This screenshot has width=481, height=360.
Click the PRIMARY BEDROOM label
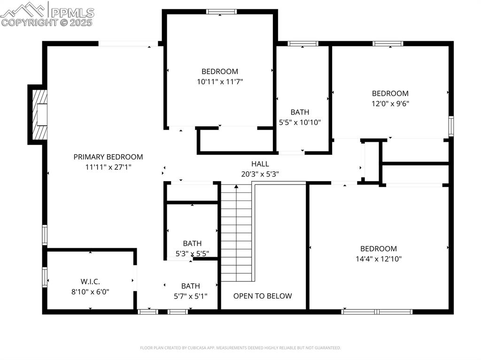pos(108,157)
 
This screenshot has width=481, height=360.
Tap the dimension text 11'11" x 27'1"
pos(109,167)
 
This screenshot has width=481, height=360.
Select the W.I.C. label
pos(90,282)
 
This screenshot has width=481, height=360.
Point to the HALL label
pos(260,164)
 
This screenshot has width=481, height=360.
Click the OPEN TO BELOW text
pos(263,296)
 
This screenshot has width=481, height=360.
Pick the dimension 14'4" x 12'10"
pos(379,259)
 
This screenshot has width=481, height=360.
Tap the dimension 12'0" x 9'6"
pos(390,104)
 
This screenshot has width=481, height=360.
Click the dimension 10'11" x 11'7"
pos(220,82)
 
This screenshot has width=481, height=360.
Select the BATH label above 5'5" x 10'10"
pos(300,112)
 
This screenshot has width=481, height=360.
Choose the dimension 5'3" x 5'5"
pos(192,253)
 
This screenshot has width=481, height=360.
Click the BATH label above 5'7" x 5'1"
pos(191,286)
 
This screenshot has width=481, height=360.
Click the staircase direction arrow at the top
pos(236,186)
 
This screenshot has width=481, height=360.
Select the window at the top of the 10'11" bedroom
pos(221,12)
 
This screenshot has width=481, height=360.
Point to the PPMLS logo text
pos(72,12)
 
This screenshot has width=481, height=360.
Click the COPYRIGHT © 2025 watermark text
pos(47,23)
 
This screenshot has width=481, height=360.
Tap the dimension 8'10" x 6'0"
pos(90,291)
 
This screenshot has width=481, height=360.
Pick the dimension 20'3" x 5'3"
pos(260,174)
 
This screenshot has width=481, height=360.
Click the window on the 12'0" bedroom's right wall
pos(451,126)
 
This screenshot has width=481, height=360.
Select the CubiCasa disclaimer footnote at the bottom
pos(240,348)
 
